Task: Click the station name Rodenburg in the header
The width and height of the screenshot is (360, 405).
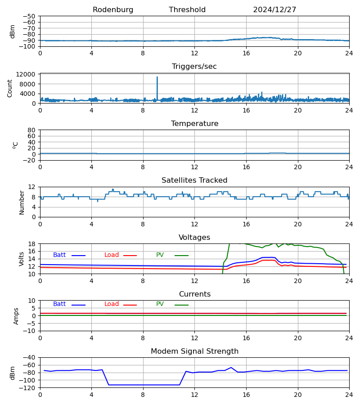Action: pos(113,10)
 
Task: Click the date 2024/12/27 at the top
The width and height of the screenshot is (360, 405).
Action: pos(274,10)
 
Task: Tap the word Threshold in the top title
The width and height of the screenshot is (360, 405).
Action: pos(187,10)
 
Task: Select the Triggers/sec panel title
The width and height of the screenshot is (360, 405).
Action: pos(194,67)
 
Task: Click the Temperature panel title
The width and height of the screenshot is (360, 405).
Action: pos(194,124)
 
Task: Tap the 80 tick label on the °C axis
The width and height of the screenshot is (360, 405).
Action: pos(31,130)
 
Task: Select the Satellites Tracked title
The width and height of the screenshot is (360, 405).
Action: pos(194,180)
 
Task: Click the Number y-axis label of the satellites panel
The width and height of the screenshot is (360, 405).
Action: pos(22,202)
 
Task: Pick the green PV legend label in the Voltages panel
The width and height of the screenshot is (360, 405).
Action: pos(160,255)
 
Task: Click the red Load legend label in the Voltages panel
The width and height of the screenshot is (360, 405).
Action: pos(112,255)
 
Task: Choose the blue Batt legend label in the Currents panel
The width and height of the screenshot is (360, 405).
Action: pos(59,304)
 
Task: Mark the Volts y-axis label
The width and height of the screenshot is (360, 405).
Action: pos(22,259)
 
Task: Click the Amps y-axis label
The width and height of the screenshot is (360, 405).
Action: pos(16,316)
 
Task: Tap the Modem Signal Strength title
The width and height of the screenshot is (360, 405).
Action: pos(194,351)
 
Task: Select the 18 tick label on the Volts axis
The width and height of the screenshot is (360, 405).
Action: pos(31,244)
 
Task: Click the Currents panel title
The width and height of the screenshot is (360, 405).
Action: pos(194,294)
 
